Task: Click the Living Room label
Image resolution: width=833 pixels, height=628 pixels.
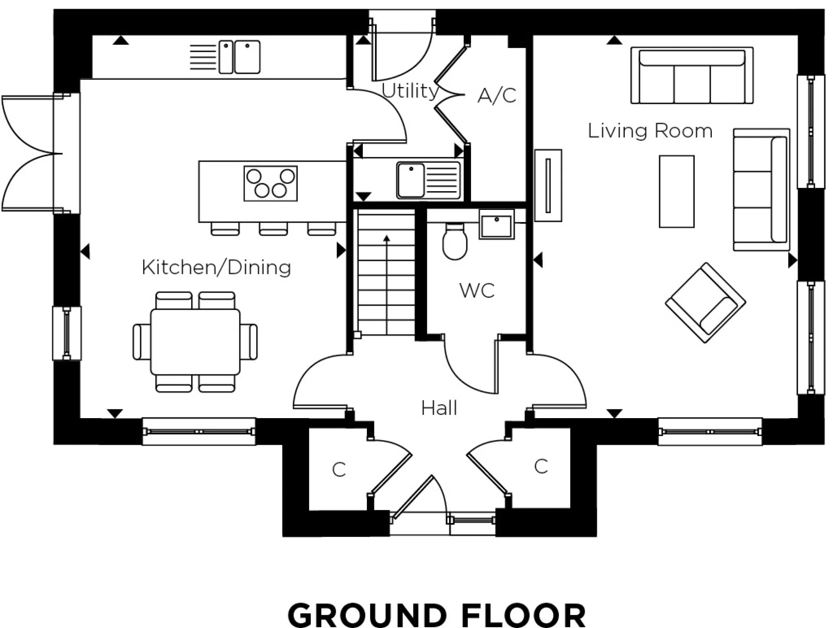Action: coord(650,131)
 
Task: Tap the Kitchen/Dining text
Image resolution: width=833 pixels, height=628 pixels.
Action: coord(216,267)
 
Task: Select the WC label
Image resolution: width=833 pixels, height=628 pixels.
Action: coord(477,290)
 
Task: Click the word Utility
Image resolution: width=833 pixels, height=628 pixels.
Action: coord(410,91)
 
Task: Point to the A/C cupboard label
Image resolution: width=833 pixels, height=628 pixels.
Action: coord(496,95)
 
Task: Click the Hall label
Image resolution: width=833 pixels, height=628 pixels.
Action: coord(439,408)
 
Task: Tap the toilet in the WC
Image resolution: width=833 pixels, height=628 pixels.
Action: coord(454,242)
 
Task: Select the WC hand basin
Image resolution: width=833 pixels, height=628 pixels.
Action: coord(496,224)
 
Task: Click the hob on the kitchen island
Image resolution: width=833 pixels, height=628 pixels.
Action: coord(271,184)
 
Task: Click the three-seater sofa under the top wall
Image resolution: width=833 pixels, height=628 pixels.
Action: coord(691,75)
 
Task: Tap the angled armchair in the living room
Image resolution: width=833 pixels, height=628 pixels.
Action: coord(705,303)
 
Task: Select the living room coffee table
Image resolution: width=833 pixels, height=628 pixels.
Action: coord(676,192)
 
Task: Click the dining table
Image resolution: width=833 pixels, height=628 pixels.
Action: coord(195,341)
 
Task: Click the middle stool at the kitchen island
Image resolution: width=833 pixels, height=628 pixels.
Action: coord(273,229)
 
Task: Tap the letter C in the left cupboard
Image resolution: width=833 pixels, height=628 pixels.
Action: coord(339,470)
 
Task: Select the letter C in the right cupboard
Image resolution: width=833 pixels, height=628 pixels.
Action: coord(541,466)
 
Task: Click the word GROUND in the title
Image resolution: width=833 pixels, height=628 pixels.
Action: coord(367,615)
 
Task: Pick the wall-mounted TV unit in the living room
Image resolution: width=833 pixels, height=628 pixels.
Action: coord(548,185)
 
